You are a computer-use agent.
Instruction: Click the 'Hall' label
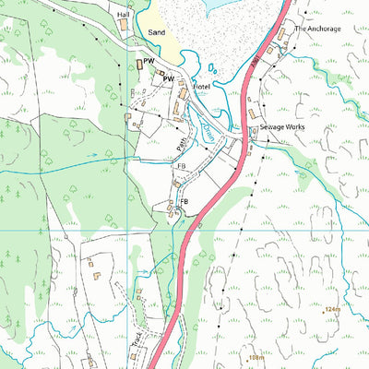(x=124, y=16)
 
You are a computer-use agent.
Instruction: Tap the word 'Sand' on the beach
(x=157, y=32)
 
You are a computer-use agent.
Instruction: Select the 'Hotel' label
(x=201, y=88)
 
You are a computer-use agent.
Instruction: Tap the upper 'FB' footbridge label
(x=182, y=167)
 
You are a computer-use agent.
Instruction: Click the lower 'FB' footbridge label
(x=184, y=201)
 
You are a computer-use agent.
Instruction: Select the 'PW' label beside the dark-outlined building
(x=147, y=61)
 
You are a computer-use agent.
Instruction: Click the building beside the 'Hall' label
(x=124, y=27)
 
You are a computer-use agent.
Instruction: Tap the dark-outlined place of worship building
(x=140, y=64)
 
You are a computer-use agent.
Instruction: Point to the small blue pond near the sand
(x=214, y=67)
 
